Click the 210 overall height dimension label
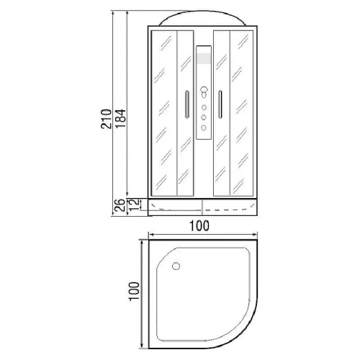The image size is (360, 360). pos(107,119)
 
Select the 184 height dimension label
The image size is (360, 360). pos(120,119)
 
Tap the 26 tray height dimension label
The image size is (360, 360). pos(120,205)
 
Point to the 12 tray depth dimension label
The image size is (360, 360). pos(134,204)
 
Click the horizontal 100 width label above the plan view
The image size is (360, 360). pos(199,226)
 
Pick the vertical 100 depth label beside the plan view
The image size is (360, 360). pos(134,292)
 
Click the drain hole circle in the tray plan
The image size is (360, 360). pos(176,266)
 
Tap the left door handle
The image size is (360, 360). pos(187,104)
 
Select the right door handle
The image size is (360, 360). pos(220,104)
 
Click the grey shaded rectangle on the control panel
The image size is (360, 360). pos(204,58)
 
